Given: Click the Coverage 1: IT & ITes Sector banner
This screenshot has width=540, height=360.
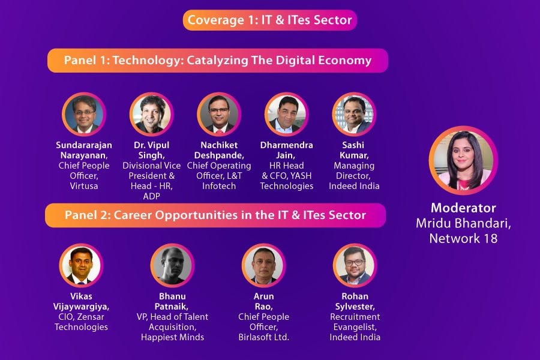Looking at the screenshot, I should (270, 20).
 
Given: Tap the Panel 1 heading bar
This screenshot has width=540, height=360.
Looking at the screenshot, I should (218, 61).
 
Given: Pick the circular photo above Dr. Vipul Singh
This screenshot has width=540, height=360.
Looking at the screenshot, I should (151, 114).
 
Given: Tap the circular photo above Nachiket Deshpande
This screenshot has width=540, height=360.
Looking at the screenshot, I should (219, 114).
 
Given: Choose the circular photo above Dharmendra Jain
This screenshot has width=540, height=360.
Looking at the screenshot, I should (287, 114).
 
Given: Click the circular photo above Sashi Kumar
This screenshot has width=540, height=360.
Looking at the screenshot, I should (354, 114).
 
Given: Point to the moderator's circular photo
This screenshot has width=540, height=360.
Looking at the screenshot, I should (463, 160).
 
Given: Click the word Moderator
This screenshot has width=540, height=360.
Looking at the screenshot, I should (463, 208).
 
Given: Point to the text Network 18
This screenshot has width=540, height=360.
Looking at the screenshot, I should (463, 238).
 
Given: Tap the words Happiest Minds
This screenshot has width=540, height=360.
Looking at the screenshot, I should (172, 337).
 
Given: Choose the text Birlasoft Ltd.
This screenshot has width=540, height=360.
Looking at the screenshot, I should (263, 337).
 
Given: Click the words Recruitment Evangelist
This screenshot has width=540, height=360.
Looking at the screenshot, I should (355, 322).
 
